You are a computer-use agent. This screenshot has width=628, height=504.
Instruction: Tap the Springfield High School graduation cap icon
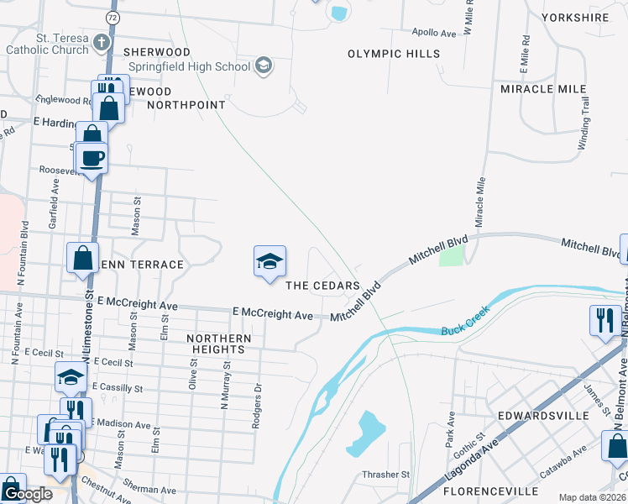(x=263, y=66)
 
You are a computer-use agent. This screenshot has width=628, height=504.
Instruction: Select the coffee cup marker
(x=92, y=157)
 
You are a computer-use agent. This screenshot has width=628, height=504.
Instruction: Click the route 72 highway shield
(x=113, y=17)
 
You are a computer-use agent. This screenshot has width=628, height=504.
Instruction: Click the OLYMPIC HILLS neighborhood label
(x=394, y=54)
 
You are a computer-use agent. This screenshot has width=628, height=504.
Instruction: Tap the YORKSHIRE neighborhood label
(x=575, y=17)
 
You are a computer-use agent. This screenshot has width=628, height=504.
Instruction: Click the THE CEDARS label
(x=323, y=286)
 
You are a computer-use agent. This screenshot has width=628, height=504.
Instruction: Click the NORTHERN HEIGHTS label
(x=219, y=344)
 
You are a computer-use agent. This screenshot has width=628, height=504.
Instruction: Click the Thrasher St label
(x=385, y=475)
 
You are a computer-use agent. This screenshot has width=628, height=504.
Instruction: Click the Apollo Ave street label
(x=434, y=34)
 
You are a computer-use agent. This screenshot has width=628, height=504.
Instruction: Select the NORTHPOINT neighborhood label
(x=186, y=105)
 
